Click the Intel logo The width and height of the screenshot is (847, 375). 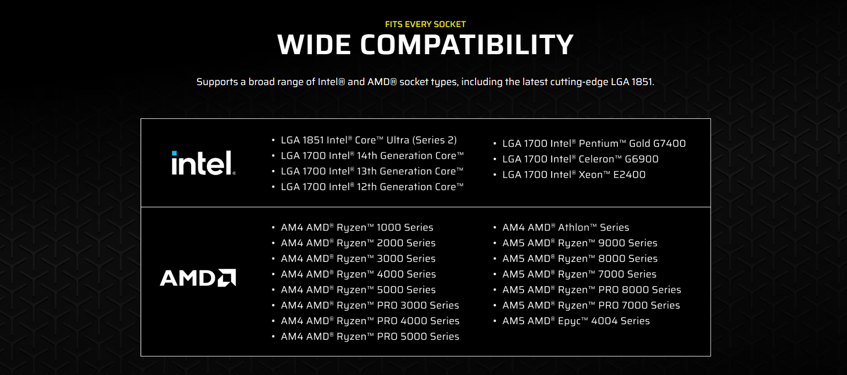click(203, 163)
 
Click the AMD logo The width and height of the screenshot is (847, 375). click(198, 278)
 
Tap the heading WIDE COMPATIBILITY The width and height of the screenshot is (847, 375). click(425, 45)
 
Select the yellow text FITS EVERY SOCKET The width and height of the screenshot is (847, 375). click(425, 24)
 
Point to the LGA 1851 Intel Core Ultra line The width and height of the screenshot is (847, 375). click(369, 140)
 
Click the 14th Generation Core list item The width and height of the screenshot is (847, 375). click(372, 156)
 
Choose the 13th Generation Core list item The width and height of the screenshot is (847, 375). click(372, 172)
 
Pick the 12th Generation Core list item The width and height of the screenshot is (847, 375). click(372, 187)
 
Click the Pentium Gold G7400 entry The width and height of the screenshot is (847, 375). click(594, 144)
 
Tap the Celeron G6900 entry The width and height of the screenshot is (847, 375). click(580, 159)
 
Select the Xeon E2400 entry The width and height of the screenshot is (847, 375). click(574, 175)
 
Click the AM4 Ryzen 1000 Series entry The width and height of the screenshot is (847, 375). click(357, 228)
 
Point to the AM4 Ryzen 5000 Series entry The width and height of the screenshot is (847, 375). click(358, 290)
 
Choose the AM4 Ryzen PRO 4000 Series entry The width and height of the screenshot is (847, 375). click(370, 321)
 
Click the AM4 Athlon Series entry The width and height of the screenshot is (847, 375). click(565, 228)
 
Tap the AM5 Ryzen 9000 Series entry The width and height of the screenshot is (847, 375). click(580, 243)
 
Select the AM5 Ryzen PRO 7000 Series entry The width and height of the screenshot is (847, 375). click(591, 306)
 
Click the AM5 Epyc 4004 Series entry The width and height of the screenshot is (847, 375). click(576, 321)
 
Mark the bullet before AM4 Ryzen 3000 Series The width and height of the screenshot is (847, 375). click(273, 259)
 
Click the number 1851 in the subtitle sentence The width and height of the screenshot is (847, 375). click(642, 82)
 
